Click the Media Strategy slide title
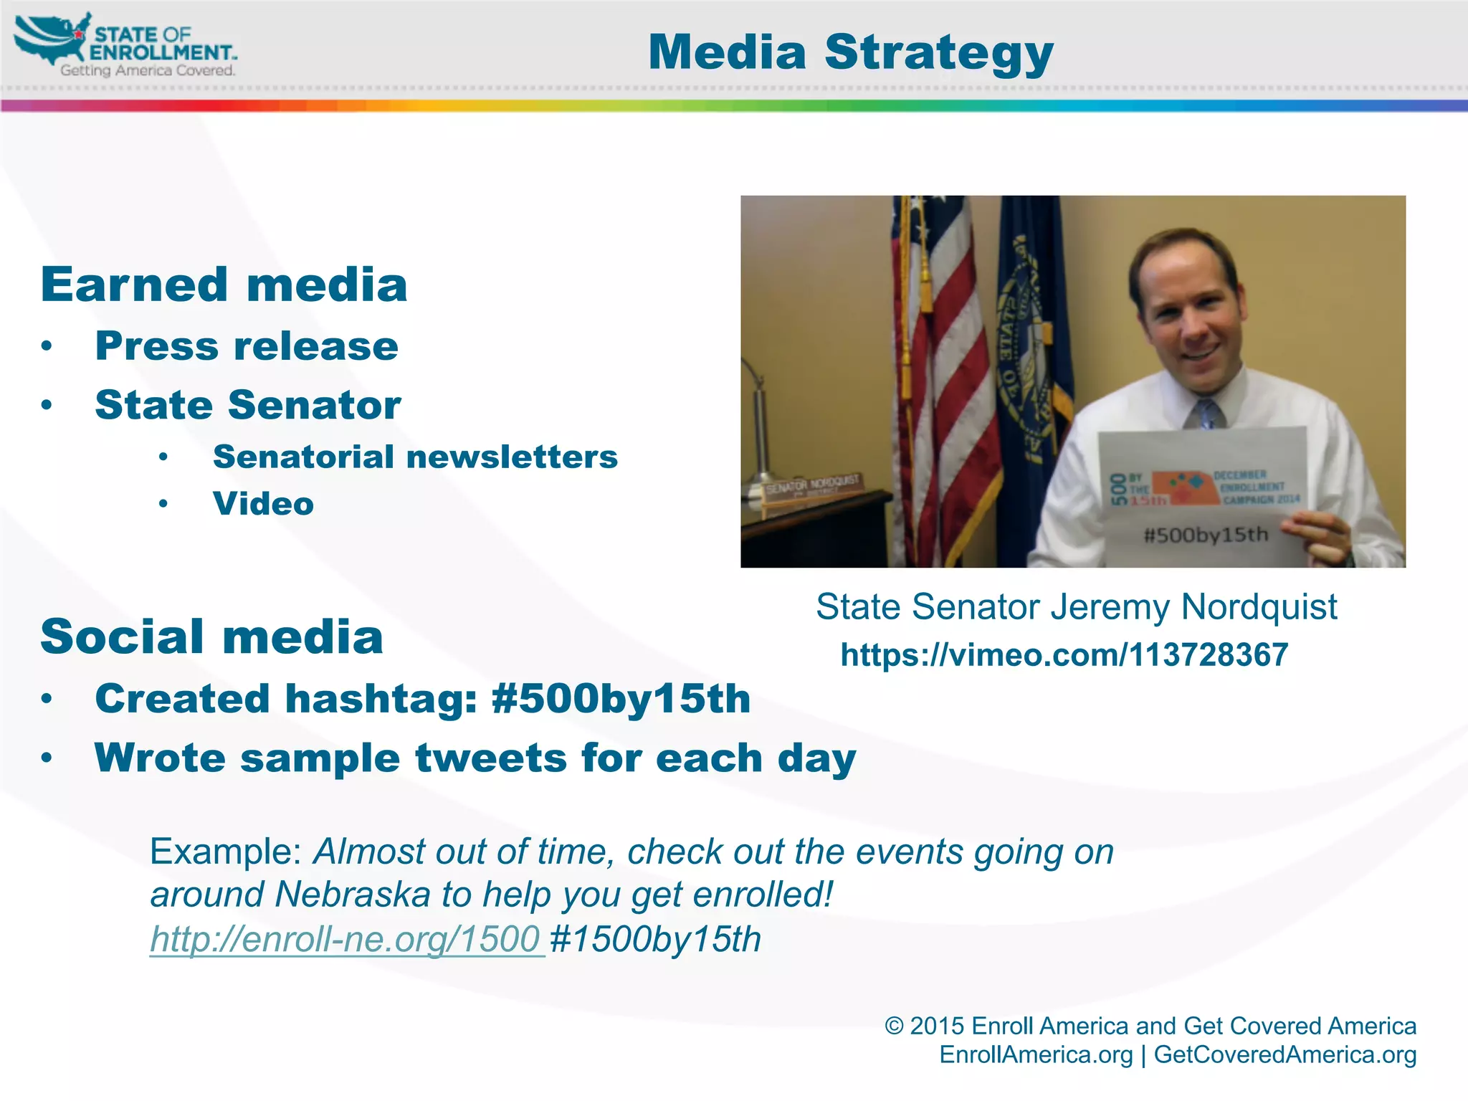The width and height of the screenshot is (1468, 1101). pyautogui.click(x=850, y=52)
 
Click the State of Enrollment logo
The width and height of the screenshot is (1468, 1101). pyautogui.click(x=125, y=45)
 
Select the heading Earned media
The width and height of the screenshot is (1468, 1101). pyautogui.click(x=224, y=285)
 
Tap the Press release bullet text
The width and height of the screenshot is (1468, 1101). pyautogui.click(x=247, y=346)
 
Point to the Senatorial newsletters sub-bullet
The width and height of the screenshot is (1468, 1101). pyautogui.click(x=415, y=457)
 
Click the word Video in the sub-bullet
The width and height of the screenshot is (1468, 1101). pyautogui.click(x=263, y=504)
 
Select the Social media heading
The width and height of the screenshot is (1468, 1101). pyautogui.click(x=211, y=637)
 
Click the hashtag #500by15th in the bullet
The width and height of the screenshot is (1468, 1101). pyautogui.click(x=621, y=699)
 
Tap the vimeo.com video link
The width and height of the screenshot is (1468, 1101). pyautogui.click(x=1064, y=654)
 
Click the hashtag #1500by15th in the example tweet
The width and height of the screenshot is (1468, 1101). pyautogui.click(x=655, y=939)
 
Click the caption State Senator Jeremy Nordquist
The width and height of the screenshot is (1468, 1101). pyautogui.click(x=1076, y=607)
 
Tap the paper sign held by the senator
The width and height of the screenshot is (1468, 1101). pyautogui.click(x=1204, y=495)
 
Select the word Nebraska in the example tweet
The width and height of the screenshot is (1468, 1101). pyautogui.click(x=352, y=895)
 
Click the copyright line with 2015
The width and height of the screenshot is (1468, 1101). pyautogui.click(x=1150, y=1026)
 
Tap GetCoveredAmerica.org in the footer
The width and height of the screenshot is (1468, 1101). pyautogui.click(x=1284, y=1054)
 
